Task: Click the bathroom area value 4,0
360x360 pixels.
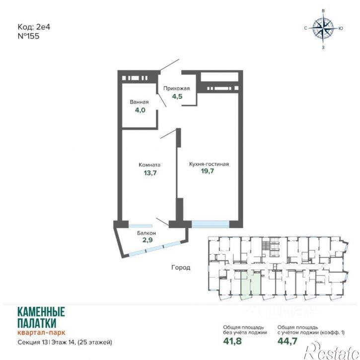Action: pos(140,110)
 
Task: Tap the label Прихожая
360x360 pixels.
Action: pos(177,88)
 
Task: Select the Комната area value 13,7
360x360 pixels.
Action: pos(150,173)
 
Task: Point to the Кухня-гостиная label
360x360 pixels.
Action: pos(209,164)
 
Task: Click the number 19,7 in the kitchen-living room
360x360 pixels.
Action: pos(208,171)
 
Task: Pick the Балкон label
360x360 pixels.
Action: pos(146,233)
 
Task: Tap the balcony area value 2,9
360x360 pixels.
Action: pos(147,240)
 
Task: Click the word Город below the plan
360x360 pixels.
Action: pos(181,268)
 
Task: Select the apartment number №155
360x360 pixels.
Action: pos(28,36)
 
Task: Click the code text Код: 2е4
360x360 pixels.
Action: pos(34,27)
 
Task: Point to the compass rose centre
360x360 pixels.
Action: pos(323,28)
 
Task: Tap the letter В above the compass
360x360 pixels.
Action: pos(323,11)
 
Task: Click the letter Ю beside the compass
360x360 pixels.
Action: pos(341,28)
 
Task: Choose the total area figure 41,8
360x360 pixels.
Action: pos(232,341)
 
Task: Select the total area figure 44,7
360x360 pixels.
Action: pos(287,341)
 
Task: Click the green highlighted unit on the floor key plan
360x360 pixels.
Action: pos(250,284)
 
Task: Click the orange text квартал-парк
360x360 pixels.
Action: pos(41,332)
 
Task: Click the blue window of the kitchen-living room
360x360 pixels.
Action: pos(211,224)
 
